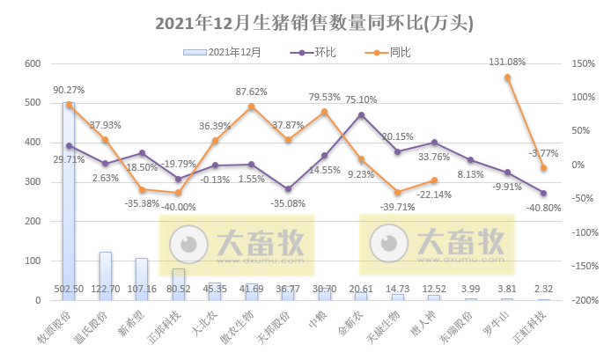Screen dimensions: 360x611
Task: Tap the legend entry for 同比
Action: point(386,52)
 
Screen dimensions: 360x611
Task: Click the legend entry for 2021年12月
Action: point(223,52)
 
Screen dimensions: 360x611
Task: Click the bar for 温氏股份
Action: point(105,276)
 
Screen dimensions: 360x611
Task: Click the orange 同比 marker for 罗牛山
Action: point(507,77)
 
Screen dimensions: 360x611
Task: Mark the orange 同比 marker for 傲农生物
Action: point(251,107)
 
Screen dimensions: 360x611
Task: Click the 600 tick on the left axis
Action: point(33,63)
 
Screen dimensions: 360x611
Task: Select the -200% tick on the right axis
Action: point(580,301)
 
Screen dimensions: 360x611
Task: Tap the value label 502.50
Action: point(69,289)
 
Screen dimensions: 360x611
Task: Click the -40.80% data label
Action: point(542,208)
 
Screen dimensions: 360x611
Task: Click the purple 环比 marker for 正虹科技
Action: point(543,193)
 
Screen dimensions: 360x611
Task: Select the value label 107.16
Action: point(141,289)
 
